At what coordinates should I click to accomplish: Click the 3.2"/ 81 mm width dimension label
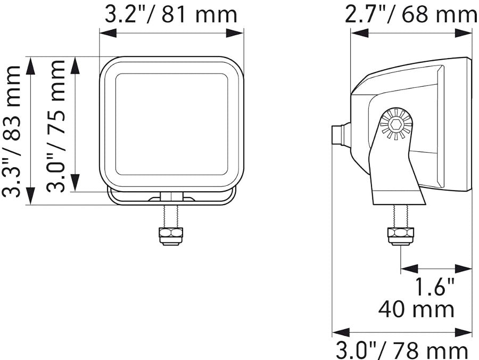[x=171, y=14]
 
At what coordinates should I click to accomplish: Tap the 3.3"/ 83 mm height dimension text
[x=12, y=131]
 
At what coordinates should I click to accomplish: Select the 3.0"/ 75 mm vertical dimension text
[x=56, y=126]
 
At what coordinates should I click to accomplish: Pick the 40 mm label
[x=416, y=309]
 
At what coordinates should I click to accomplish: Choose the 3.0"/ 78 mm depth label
[x=402, y=350]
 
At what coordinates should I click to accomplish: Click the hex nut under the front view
[x=171, y=236]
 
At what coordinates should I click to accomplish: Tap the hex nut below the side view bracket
[x=400, y=236]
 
